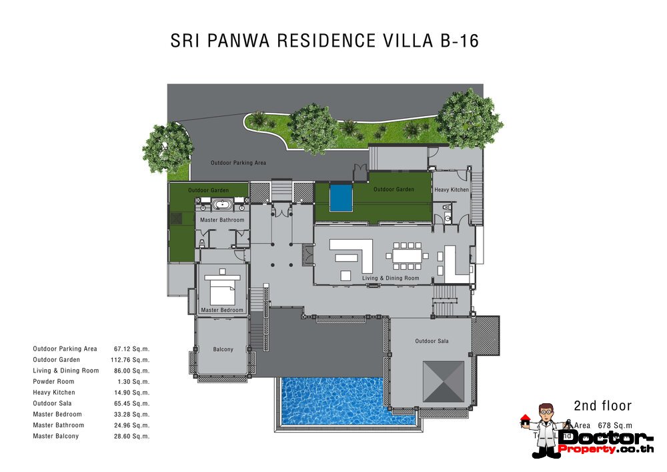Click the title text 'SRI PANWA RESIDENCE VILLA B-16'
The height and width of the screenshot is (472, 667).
pos(325,41)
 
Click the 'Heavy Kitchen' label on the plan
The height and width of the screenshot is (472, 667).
pos(452,190)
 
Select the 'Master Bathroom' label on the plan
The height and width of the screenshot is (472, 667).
pos(223,220)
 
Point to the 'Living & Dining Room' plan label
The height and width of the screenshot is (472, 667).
pos(390,278)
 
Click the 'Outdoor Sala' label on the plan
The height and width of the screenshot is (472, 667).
pos(432,342)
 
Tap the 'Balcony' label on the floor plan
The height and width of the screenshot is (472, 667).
pos(223,349)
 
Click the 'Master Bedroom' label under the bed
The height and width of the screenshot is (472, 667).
pos(222,310)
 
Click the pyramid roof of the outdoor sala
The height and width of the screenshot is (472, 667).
pos(444,383)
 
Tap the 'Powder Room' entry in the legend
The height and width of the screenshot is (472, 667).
pos(53,382)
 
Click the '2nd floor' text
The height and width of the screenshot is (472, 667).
pos(602,406)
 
